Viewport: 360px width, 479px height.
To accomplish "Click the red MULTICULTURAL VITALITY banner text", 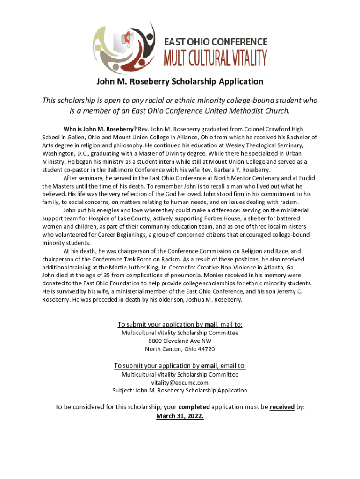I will click(x=215, y=58).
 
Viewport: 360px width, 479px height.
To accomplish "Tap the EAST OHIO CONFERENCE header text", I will click(x=215, y=41).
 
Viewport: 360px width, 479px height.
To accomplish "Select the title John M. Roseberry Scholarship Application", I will click(x=180, y=82).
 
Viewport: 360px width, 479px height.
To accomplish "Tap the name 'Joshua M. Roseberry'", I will click(x=213, y=300).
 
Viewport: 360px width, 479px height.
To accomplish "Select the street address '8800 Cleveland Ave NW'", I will click(x=180, y=341).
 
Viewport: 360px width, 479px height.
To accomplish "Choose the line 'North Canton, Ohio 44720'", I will click(x=180, y=349).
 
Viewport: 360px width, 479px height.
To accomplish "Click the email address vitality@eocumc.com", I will click(x=180, y=382).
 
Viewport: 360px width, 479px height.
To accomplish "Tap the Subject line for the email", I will click(x=180, y=390).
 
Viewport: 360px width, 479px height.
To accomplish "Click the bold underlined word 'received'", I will click(x=282, y=407).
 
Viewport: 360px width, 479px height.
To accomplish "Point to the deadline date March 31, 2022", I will click(x=180, y=416).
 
